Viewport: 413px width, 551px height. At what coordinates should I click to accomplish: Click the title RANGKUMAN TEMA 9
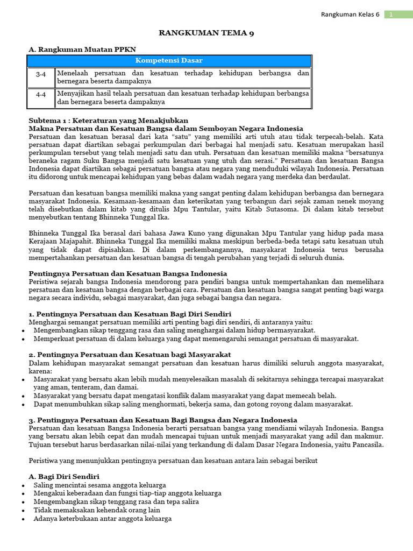[x=206, y=33]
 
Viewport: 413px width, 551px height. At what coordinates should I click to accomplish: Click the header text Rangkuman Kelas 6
[x=350, y=15]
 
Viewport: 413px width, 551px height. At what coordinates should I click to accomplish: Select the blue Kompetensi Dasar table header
[x=169, y=61]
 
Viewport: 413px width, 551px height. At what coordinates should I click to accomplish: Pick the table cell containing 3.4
[x=41, y=77]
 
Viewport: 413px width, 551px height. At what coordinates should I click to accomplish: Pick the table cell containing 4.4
[x=41, y=97]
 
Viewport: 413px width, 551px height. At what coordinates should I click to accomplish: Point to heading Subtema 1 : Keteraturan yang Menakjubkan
[x=108, y=120]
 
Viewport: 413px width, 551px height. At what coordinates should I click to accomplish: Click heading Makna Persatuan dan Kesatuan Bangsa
[x=166, y=129]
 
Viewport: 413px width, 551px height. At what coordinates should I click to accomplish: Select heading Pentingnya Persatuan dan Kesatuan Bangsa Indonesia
[x=127, y=273]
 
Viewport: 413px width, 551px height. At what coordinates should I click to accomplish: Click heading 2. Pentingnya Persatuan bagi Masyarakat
[x=129, y=354]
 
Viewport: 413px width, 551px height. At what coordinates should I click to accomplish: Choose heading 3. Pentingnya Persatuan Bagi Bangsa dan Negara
[x=162, y=420]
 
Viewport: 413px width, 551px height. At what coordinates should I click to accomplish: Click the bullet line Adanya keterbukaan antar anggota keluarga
[x=102, y=519]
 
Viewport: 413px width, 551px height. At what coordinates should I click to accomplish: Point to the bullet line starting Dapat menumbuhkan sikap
[x=193, y=404]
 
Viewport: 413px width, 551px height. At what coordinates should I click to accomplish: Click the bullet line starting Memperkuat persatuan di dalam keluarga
[x=196, y=338]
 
